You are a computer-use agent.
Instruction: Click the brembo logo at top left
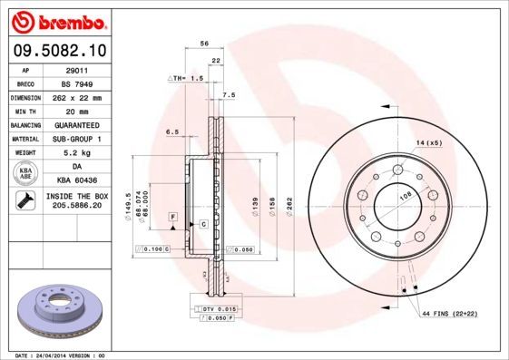pyautogui.click(x=56, y=21)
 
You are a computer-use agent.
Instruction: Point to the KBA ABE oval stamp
pyautogui.click(x=26, y=173)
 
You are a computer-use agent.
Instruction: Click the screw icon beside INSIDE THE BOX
pyautogui.click(x=24, y=201)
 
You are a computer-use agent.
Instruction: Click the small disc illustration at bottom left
pyautogui.click(x=62, y=310)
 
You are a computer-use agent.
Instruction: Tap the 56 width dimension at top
pyautogui.click(x=205, y=44)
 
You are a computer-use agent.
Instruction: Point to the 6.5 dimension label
pyautogui.click(x=171, y=132)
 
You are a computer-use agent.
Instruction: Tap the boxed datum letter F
pyautogui.click(x=171, y=216)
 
